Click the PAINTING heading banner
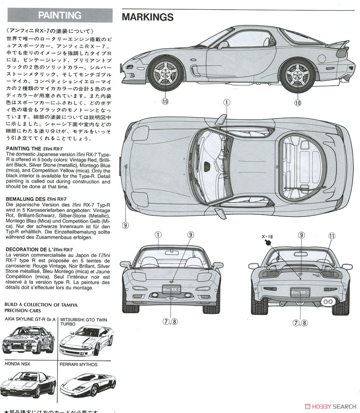click(60, 15)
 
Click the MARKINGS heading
click(148, 17)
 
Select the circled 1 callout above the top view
click(227, 102)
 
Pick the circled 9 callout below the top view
click(125, 225)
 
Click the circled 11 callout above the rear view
click(331, 236)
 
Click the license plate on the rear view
click(301, 292)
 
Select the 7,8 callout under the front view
click(170, 322)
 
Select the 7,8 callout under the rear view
click(300, 322)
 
